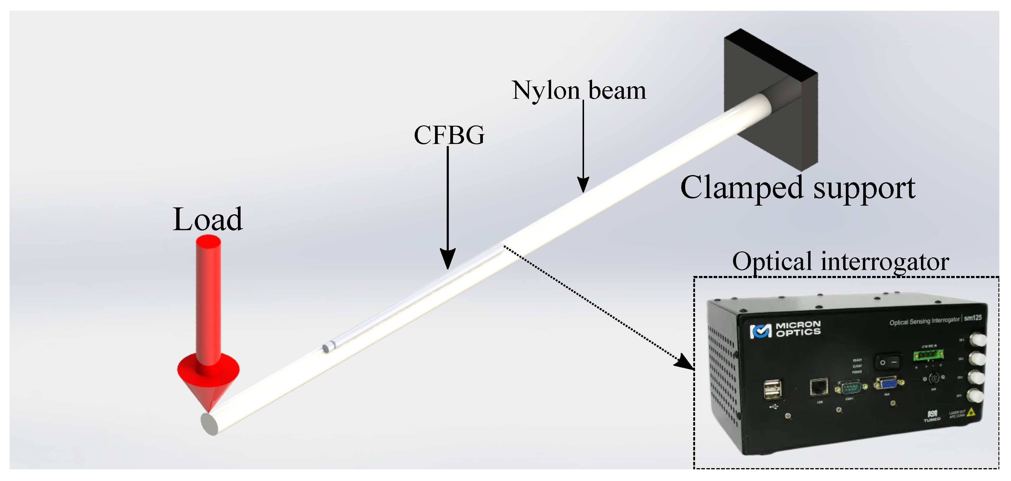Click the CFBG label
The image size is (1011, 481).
pos(449,136)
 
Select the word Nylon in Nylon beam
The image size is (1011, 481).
pos(545,91)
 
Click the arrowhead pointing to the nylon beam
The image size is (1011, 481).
pos(583,185)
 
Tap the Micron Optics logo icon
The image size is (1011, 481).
pos(761,331)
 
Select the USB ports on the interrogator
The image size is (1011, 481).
pos(772,389)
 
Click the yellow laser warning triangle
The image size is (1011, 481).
pos(972,412)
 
